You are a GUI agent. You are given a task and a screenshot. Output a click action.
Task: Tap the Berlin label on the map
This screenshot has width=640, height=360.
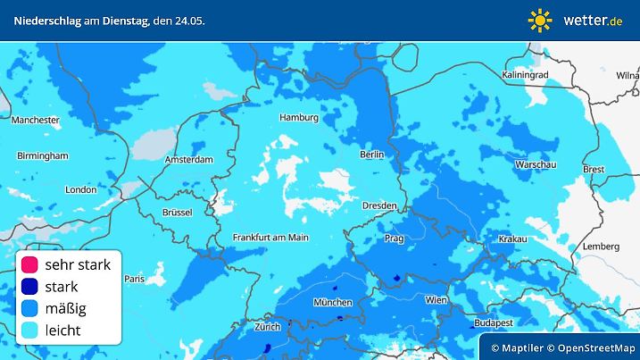point(371,155)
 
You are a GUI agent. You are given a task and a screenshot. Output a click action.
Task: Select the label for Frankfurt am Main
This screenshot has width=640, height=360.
point(270,237)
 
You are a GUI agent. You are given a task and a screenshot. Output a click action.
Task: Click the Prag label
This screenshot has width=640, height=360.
point(394,239)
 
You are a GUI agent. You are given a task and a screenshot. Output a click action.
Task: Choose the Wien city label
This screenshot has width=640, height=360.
point(436,300)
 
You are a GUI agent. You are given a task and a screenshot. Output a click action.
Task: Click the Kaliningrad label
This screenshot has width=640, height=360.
point(525,75)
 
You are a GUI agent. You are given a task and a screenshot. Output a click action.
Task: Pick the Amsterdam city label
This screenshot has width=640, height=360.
point(189,160)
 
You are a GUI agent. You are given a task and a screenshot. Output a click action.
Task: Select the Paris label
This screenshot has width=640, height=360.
point(133,279)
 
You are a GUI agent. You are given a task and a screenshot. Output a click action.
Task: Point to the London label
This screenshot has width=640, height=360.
point(80,189)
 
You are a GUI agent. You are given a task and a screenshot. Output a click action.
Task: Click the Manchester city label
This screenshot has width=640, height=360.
point(36,119)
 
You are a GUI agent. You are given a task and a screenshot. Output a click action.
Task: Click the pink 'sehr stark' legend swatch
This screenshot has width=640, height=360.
point(30,265)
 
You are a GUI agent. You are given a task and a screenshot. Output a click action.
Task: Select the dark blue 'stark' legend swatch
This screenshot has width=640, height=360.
point(30,287)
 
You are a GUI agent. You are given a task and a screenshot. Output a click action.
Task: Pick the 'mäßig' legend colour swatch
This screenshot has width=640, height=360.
point(30,308)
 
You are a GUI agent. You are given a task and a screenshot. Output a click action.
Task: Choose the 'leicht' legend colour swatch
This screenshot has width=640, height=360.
point(30,330)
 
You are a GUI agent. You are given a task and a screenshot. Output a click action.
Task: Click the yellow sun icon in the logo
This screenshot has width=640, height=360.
point(540,19)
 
